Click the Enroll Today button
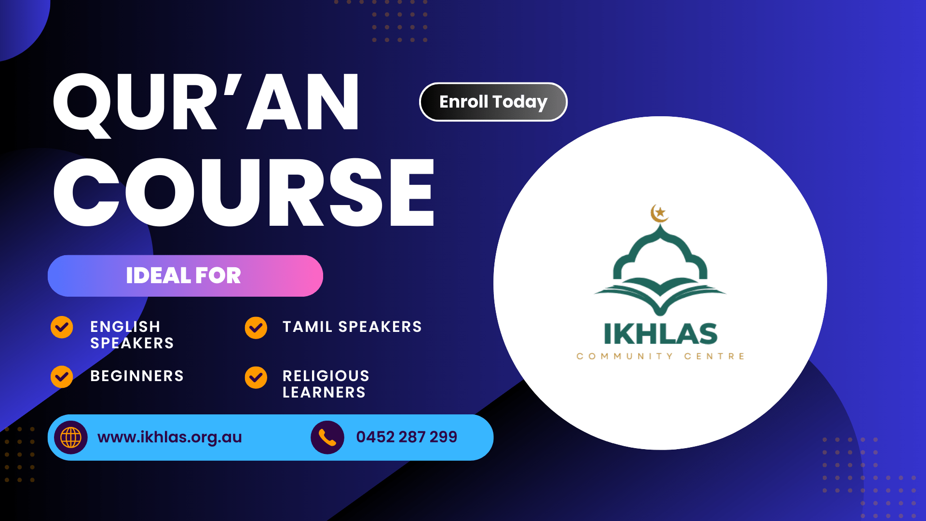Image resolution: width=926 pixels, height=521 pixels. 493,102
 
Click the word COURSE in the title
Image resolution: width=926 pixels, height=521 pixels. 244,192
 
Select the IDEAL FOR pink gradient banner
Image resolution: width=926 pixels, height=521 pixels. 185,275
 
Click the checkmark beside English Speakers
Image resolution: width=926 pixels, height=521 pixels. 62,328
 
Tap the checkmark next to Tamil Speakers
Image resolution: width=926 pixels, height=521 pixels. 256,328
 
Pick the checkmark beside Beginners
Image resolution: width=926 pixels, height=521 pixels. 62,377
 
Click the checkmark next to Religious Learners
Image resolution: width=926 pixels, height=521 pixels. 256,377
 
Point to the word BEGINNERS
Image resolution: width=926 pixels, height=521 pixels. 137,376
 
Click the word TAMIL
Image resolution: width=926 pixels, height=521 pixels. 307,327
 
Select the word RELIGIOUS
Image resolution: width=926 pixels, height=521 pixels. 326,376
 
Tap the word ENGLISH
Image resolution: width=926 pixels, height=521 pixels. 125,327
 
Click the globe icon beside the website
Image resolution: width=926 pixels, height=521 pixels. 71,438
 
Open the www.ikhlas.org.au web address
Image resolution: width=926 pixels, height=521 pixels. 170,437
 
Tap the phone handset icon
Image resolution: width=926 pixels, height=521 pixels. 327,438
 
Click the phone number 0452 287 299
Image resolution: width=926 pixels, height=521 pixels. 407,437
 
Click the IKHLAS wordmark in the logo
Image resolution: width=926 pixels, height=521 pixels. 660,334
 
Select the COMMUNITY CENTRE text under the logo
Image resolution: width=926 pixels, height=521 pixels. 660,356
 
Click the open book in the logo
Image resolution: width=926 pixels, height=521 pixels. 660,296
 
